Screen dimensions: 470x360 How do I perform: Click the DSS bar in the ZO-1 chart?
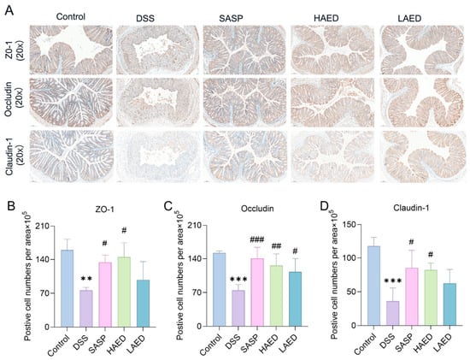coord(86,309)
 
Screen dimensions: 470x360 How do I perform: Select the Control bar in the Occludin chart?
coord(220,290)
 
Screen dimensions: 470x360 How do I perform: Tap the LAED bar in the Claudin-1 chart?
coord(449,304)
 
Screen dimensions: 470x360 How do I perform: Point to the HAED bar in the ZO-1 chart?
coord(124,292)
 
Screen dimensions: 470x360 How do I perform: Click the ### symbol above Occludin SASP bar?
coord(257,239)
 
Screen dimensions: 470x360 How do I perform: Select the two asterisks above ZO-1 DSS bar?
coord(86,279)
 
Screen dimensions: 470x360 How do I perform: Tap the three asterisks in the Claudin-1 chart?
coord(393,281)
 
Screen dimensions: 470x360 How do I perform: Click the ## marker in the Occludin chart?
coord(276,246)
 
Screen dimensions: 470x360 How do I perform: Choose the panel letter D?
coord(325,207)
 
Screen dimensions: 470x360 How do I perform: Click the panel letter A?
coord(9,11)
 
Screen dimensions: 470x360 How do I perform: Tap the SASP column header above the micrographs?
coord(231,18)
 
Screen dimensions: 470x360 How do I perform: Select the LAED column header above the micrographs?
coord(409,18)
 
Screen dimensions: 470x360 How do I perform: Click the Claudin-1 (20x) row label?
coord(15,156)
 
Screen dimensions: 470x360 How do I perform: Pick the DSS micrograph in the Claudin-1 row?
coord(158,156)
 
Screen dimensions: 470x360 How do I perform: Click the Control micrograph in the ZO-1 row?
coord(71,50)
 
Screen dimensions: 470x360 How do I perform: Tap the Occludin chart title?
coord(257,208)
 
